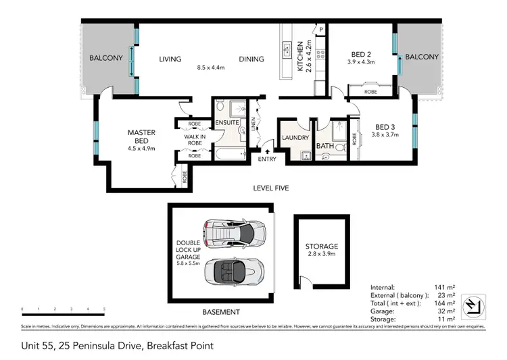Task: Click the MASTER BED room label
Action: [x=142, y=136]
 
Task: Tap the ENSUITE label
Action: [x=225, y=123]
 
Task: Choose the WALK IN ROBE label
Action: [x=195, y=139]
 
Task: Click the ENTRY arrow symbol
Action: [x=268, y=151]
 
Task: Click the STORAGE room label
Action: [x=321, y=247]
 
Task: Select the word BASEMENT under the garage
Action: [x=222, y=312]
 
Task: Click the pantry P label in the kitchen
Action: [x=320, y=29]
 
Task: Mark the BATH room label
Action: [x=324, y=146]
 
